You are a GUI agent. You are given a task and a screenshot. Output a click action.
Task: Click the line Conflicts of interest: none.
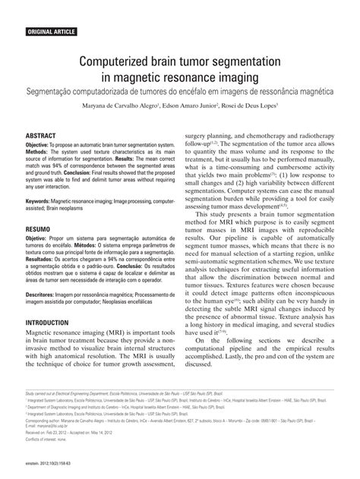pos(49,440)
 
